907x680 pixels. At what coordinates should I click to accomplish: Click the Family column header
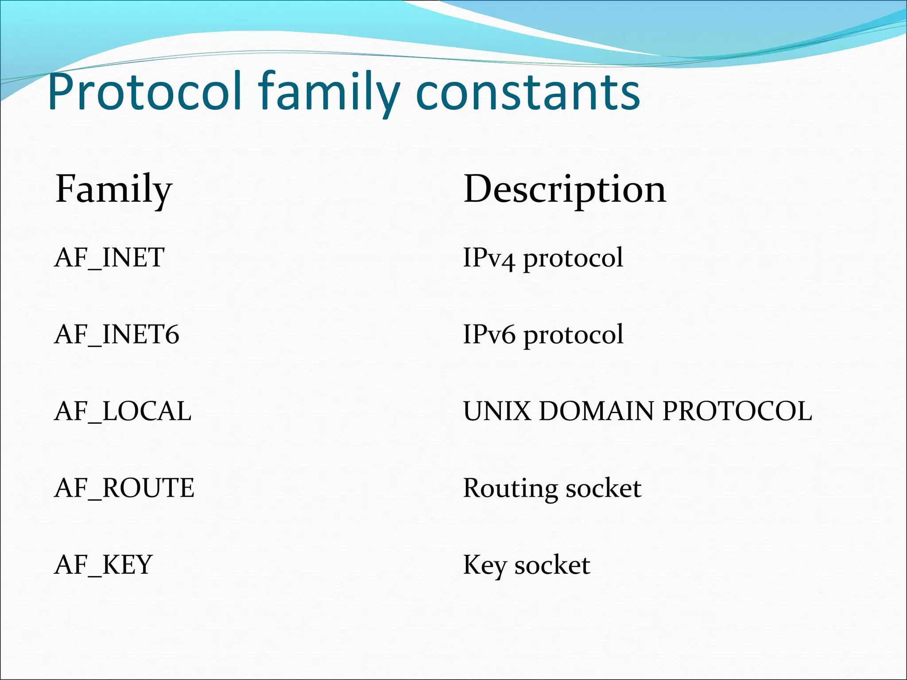(x=114, y=189)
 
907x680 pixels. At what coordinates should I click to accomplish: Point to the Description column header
(x=564, y=189)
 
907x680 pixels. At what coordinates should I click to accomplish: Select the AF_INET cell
(x=109, y=258)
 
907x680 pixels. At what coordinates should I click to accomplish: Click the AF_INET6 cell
(x=116, y=334)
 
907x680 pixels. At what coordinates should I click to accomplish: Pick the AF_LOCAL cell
(x=123, y=411)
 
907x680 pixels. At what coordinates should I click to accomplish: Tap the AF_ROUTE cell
(x=124, y=488)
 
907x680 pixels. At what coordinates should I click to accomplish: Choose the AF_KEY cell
(x=103, y=565)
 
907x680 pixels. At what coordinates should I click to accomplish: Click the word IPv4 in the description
(x=489, y=258)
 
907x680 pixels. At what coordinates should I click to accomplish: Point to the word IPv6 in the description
(x=489, y=334)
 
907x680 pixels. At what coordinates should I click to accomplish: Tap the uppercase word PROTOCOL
(x=737, y=411)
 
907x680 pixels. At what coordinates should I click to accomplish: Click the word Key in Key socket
(x=485, y=566)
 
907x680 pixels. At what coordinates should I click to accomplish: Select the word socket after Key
(x=552, y=565)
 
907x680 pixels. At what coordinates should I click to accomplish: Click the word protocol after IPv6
(x=574, y=335)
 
